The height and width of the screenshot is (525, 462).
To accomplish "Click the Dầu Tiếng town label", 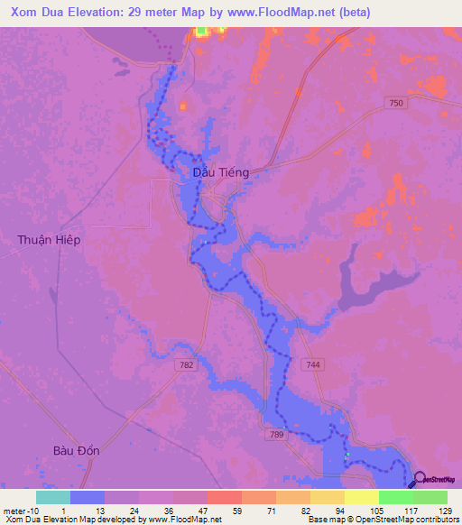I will point(221,171).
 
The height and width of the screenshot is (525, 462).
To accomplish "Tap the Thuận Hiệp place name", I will point(49,239).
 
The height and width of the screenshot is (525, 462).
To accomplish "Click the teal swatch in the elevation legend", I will point(52,497).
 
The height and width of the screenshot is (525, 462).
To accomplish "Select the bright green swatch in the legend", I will point(395,497).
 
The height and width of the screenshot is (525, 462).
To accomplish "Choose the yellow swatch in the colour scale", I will point(361,497).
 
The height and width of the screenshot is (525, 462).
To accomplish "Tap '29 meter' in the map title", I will point(158,13).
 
